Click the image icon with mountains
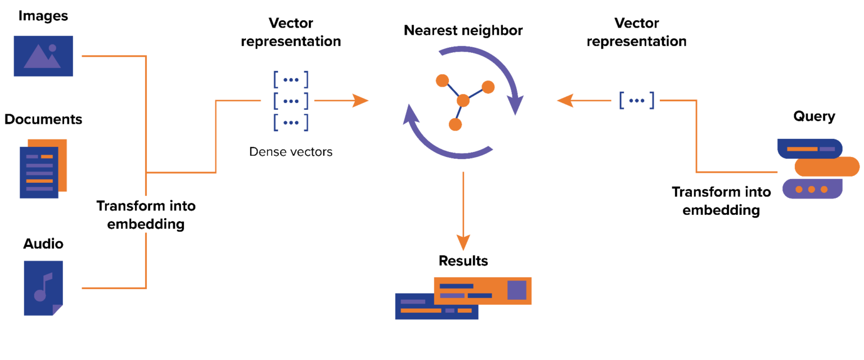(x=43, y=56)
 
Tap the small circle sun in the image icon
(x=52, y=48)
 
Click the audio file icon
(x=43, y=287)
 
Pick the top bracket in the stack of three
(x=291, y=80)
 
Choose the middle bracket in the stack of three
(x=291, y=101)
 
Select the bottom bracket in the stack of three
(x=291, y=122)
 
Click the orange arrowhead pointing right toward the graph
(x=361, y=101)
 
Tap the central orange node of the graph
(x=463, y=101)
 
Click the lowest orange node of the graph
(x=455, y=124)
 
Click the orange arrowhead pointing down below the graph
(x=463, y=243)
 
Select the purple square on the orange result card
(x=516, y=290)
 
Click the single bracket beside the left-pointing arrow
(x=637, y=101)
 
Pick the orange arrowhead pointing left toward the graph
(x=565, y=101)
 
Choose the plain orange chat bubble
(x=827, y=166)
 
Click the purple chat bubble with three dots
(x=812, y=189)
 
